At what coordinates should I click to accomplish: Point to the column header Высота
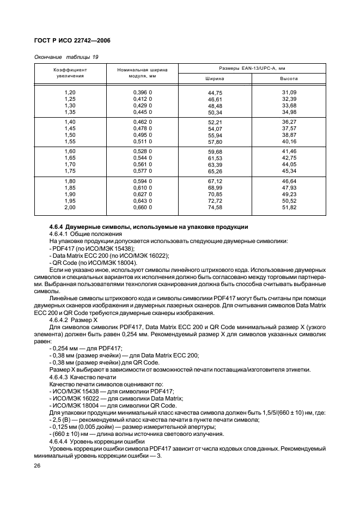click(289, 78)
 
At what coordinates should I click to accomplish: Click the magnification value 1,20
click(70, 93)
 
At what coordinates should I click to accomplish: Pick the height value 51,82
click(289, 207)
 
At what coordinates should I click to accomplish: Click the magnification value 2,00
click(70, 207)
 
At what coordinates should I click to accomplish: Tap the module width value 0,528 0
click(142, 150)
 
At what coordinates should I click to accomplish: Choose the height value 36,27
click(289, 121)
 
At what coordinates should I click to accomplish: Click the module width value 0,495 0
click(142, 135)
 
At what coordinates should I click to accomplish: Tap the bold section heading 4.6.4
click(149, 226)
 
